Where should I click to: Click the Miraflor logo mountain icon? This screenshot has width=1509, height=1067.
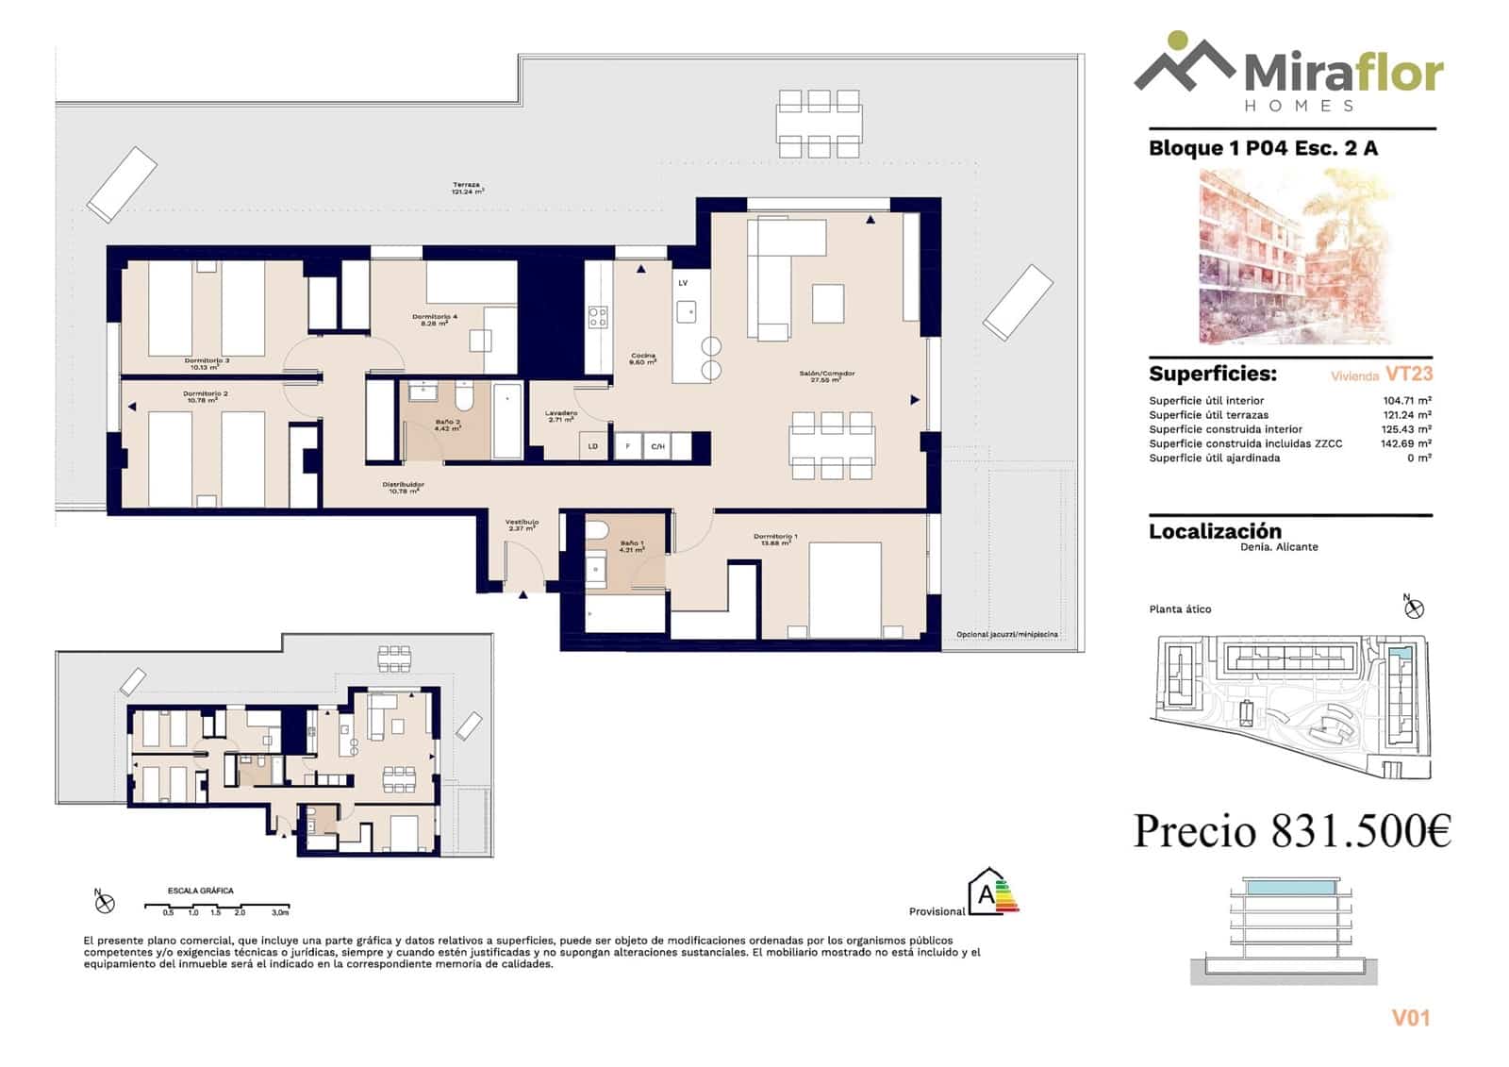pyautogui.click(x=1184, y=62)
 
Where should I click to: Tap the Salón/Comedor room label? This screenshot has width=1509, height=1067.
pyautogui.click(x=827, y=375)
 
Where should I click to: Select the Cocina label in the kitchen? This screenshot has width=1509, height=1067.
pyautogui.click(x=643, y=358)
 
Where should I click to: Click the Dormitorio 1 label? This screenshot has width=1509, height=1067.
pyautogui.click(x=775, y=540)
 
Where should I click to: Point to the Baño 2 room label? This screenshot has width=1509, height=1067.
pyautogui.click(x=447, y=425)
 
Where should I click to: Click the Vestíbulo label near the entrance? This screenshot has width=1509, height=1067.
pyautogui.click(x=522, y=525)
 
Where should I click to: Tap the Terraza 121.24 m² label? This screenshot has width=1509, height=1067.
pyautogui.click(x=467, y=188)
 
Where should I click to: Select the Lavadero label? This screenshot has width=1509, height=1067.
pyautogui.click(x=561, y=416)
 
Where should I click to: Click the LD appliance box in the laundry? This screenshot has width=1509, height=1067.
pyautogui.click(x=593, y=446)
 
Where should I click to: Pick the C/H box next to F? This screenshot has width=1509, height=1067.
pyautogui.click(x=657, y=446)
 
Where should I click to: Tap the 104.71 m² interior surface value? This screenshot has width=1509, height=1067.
pyautogui.click(x=1406, y=401)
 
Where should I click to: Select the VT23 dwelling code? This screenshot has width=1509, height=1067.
pyautogui.click(x=1409, y=374)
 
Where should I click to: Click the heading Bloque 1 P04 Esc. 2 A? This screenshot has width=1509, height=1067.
pyautogui.click(x=1263, y=148)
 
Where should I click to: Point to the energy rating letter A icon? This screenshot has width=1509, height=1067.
pyautogui.click(x=987, y=892)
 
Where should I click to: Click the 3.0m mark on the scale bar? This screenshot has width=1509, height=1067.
pyautogui.click(x=280, y=912)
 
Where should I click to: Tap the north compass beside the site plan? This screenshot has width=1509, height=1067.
pyautogui.click(x=1413, y=609)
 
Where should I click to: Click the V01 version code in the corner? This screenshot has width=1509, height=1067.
pyautogui.click(x=1411, y=1018)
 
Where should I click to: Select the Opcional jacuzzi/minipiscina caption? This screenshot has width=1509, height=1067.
pyautogui.click(x=1006, y=635)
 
